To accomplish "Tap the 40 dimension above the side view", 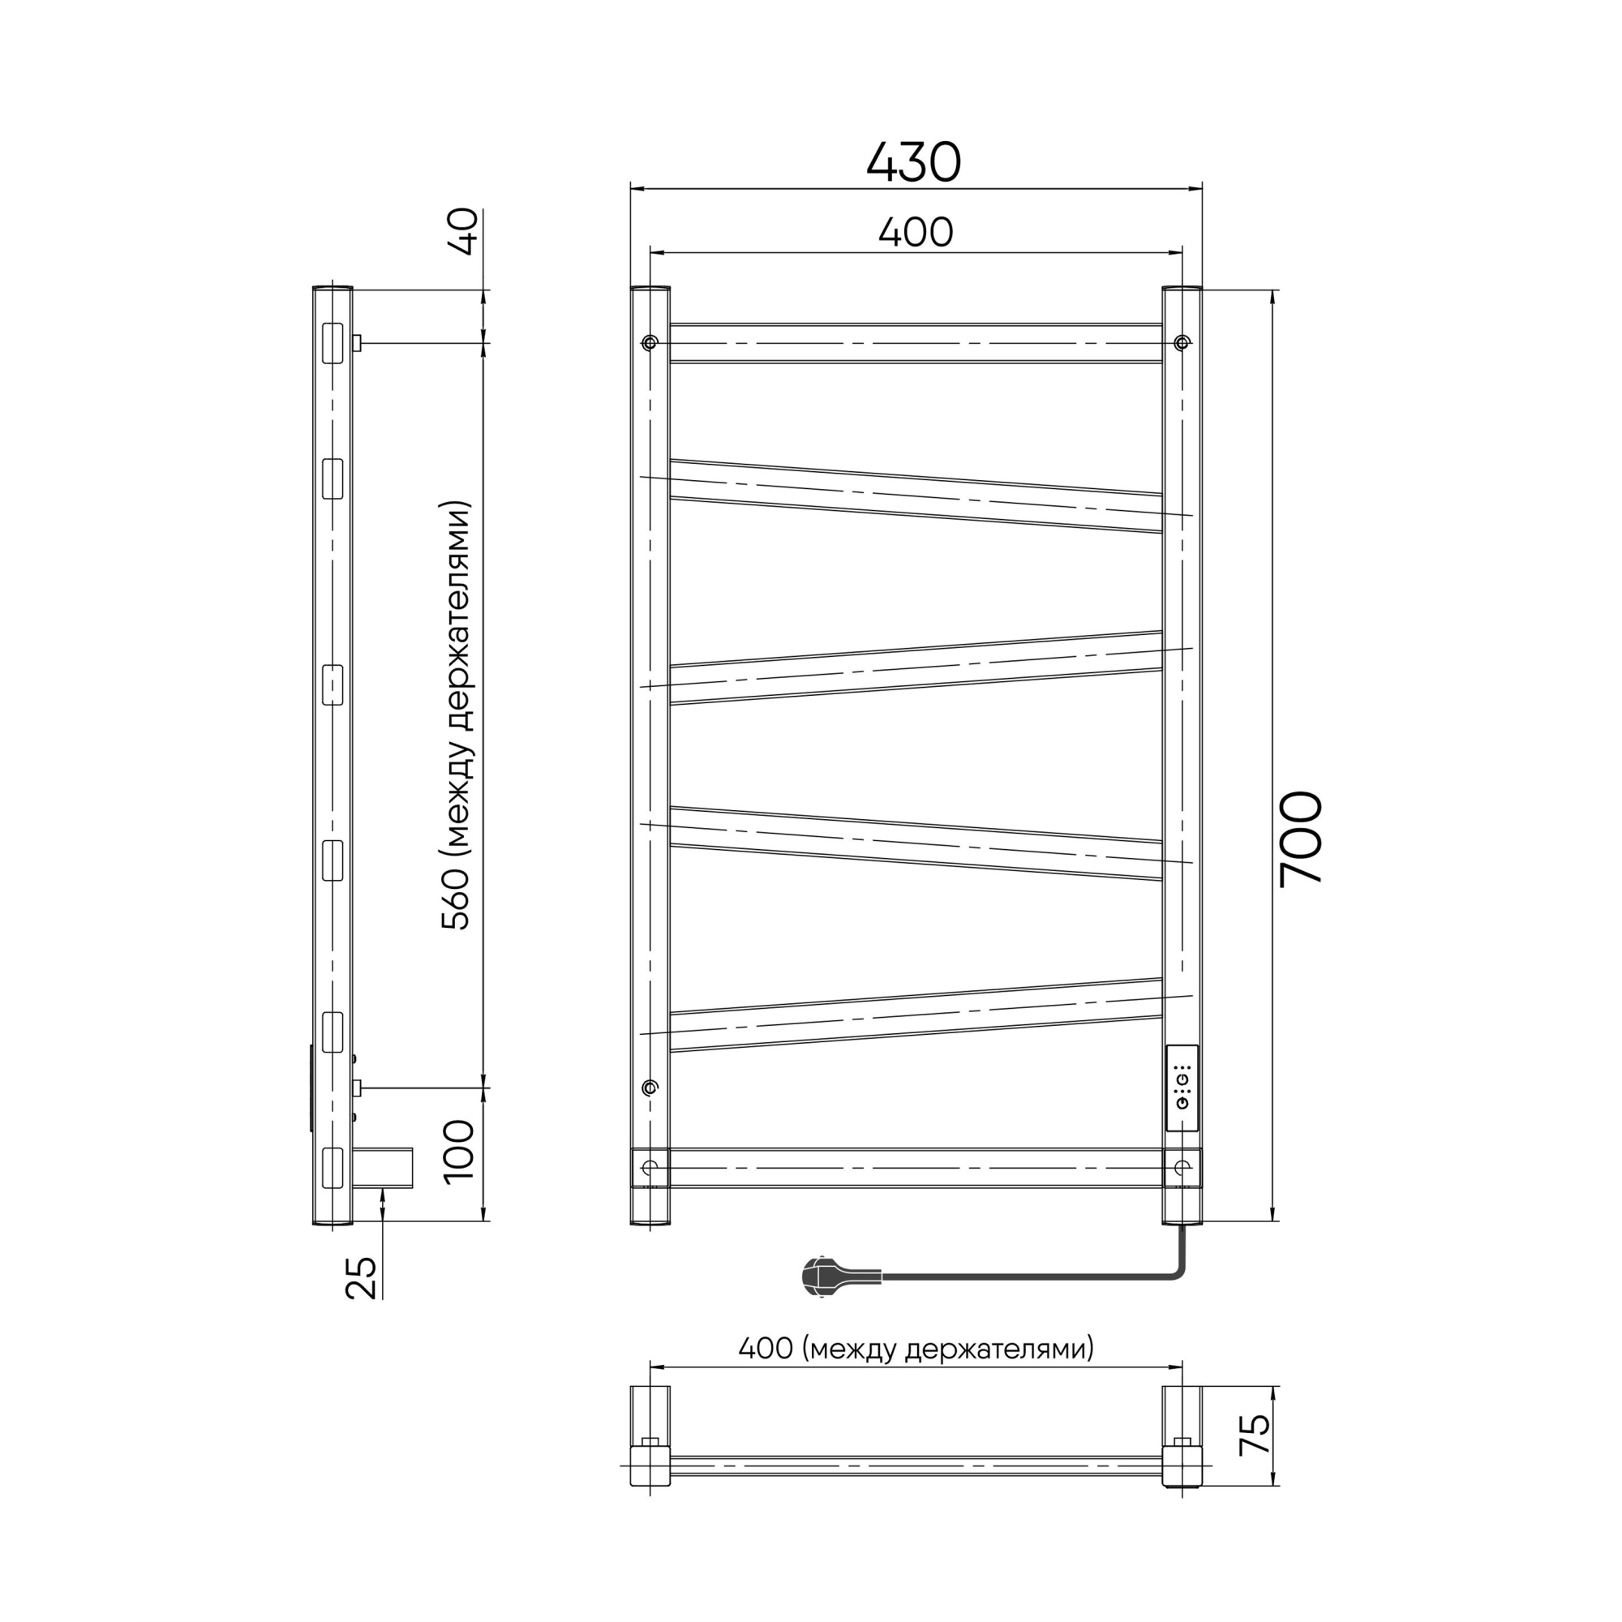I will click(x=463, y=231).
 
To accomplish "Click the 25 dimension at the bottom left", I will click(x=362, y=1279).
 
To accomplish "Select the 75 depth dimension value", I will click(x=1255, y=1435).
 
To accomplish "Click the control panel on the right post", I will click(x=1182, y=1089).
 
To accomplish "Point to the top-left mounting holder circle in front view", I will click(x=649, y=342).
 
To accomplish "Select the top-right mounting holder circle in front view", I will click(x=1182, y=342).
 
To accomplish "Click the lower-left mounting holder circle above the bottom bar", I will click(x=649, y=1088).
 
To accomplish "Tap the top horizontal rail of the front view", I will click(x=915, y=342).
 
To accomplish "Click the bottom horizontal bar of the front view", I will click(x=915, y=1167).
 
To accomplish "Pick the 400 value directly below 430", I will click(x=915, y=233).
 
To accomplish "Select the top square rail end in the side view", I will click(x=333, y=343).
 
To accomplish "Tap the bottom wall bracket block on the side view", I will click(x=382, y=1168).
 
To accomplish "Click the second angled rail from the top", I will click(x=915, y=667).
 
